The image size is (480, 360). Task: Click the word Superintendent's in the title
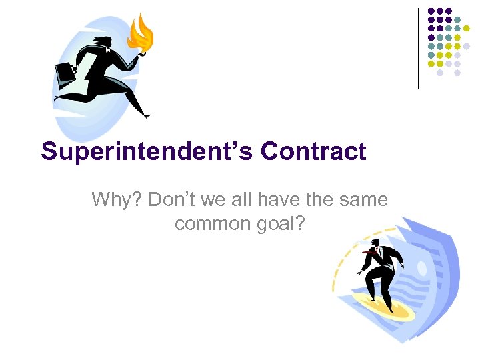[x=147, y=151]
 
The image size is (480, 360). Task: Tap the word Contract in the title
[x=313, y=151]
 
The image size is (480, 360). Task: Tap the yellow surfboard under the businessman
[x=380, y=303]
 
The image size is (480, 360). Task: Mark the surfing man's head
[x=377, y=244]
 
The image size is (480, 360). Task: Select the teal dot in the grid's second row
[x=458, y=19]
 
